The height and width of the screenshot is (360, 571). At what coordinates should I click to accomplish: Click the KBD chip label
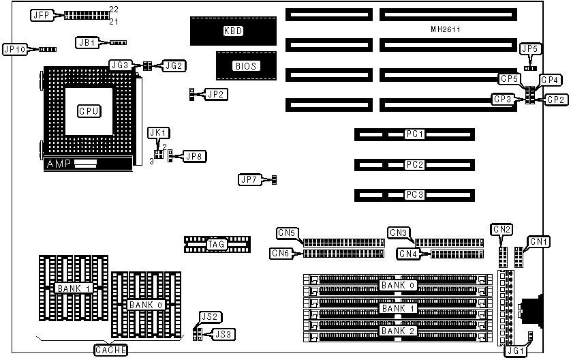point(233,31)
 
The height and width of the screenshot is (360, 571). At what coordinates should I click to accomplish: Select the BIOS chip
point(244,66)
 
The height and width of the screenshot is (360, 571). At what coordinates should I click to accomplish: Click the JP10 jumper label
point(15,49)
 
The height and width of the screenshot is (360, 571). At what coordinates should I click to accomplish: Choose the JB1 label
point(87,42)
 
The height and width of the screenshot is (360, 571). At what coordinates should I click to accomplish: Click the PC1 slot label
point(414,134)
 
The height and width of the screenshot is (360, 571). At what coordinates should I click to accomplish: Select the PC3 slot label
point(414,195)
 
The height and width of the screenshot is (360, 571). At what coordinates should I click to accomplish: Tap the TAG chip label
point(217,244)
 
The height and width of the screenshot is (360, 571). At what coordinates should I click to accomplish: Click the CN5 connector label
point(287,233)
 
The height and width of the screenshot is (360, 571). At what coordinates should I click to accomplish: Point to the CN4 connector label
point(408,254)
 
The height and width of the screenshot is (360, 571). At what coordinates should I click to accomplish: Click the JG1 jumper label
point(515,350)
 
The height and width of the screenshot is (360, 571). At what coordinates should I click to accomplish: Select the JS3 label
point(223,334)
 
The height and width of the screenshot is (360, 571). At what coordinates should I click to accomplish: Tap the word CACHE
point(109,350)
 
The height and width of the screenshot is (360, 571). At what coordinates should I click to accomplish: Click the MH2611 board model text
point(447,30)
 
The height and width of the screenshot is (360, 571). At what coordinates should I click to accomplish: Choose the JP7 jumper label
point(249,180)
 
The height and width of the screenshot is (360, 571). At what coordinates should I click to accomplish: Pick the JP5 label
point(529,49)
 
